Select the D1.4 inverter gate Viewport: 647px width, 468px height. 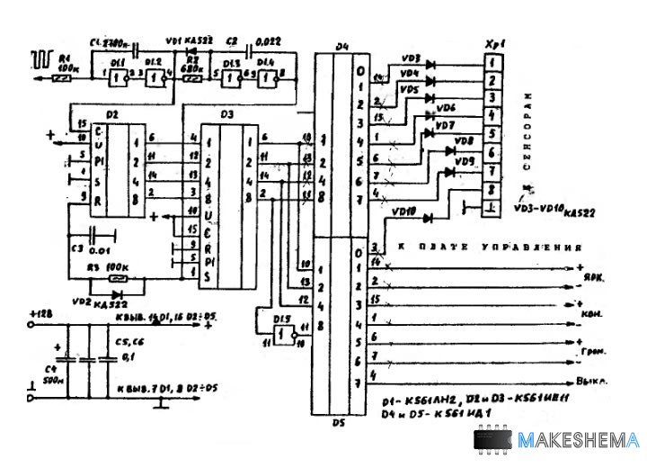click(265, 78)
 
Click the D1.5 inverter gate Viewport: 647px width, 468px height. click(282, 332)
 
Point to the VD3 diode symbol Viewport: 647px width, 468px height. click(430, 64)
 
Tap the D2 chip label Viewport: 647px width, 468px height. click(111, 116)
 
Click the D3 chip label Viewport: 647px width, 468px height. click(226, 115)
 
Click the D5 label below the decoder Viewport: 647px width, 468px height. click(338, 420)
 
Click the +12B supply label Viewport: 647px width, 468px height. click(41, 312)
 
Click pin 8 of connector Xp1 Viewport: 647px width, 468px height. click(492, 189)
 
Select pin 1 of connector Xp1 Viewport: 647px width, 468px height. click(492, 62)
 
